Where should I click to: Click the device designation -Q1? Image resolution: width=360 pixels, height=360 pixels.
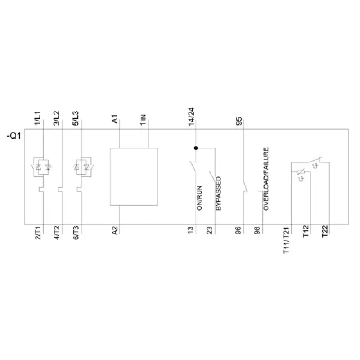coord(14,136)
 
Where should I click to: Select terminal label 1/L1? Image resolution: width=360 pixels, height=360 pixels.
coord(38,118)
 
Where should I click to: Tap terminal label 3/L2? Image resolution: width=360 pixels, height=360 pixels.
coord(57,118)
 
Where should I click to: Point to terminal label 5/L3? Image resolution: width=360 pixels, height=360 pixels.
coord(76,118)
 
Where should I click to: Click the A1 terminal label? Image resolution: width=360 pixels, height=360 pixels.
coord(115,119)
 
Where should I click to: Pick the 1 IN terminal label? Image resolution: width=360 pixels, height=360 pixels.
coord(143,120)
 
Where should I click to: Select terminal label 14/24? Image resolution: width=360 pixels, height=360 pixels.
coord(191,117)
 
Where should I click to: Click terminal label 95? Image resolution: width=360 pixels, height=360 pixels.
coord(239,121)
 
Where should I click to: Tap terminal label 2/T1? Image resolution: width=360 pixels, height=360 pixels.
coord(38,233)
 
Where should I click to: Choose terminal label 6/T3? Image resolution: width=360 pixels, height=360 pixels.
coord(76,233)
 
